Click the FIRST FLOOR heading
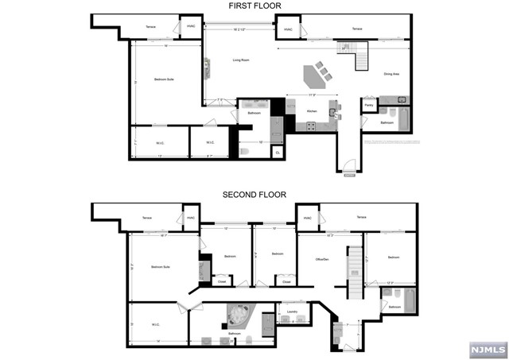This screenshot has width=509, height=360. click(254, 6)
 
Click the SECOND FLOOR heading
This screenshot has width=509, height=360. click(254, 194)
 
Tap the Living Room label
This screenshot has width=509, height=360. click(241, 60)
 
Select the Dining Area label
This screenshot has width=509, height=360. click(390, 73)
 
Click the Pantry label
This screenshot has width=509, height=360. click(369, 104)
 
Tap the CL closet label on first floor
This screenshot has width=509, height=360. click(277, 150)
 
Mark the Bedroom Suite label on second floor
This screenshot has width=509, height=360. click(161, 267)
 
